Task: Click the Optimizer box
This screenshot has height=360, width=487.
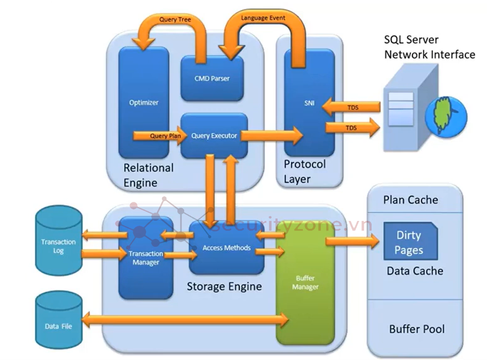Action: pos(144,102)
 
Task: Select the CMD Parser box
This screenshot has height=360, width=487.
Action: pos(212,78)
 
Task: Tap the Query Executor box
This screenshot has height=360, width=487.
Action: pos(214,136)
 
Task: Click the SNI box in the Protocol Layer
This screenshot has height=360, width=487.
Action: pos(309,103)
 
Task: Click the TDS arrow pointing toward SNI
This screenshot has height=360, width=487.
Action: pos(352,107)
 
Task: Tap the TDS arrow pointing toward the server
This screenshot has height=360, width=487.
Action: pos(352,128)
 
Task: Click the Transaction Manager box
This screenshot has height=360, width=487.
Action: pos(146,258)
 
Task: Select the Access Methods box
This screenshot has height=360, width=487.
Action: pos(227,247)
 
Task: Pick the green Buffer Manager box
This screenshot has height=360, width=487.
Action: pos(305,283)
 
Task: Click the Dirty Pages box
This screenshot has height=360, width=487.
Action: pos(409,242)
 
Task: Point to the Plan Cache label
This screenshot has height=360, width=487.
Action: pos(410,200)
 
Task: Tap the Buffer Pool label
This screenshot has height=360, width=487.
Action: pos(417,329)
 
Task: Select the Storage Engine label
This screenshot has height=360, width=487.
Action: pos(224,286)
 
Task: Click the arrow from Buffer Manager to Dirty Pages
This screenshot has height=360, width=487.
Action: pos(352,241)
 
